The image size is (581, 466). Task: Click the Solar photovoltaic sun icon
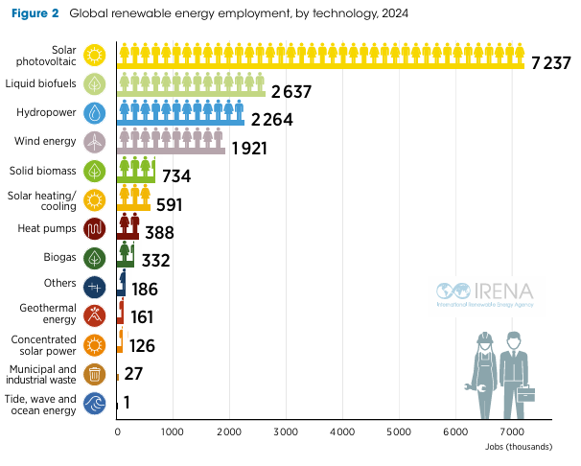coord(94,54)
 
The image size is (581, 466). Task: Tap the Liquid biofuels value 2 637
coord(293,92)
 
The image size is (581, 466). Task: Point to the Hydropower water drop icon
coord(94,113)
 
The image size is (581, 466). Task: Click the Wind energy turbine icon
coord(94,142)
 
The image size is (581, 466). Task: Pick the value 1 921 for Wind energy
coord(248,149)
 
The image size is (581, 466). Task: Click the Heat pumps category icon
coord(94,229)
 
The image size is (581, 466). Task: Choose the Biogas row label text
coord(60,256)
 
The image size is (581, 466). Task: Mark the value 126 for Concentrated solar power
coord(142,346)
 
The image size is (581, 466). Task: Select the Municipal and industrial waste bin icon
coord(94,374)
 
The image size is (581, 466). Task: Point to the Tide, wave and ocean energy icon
coord(94,404)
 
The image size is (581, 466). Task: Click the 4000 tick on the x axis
coord(342,433)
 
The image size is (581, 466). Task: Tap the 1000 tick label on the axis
coord(173,433)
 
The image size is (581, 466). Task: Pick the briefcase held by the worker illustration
coord(526,393)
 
